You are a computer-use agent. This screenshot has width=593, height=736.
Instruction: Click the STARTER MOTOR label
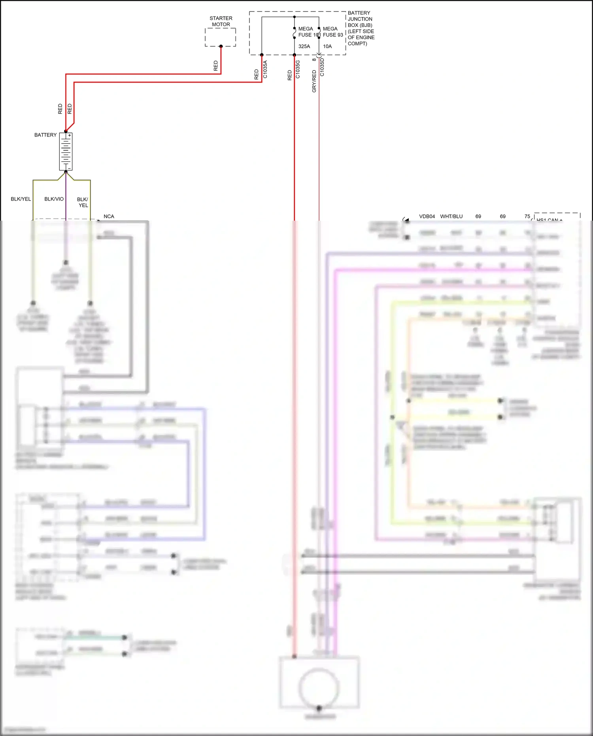coord(221,21)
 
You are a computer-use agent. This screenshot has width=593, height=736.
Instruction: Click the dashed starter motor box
coord(220,37)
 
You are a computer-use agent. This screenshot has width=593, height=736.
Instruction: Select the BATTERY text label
coord(45,135)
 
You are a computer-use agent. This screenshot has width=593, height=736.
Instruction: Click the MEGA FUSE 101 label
coord(308,32)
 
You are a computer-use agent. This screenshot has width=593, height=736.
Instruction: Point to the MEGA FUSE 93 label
coord(332,32)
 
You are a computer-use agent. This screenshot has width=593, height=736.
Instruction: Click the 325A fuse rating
coord(304,46)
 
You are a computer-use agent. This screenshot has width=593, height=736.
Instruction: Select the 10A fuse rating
coord(327,46)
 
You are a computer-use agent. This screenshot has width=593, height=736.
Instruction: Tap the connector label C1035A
coord(265,69)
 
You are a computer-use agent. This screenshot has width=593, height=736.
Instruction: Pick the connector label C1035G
coord(298,69)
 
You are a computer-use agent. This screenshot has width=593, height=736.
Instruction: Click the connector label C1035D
coord(322,67)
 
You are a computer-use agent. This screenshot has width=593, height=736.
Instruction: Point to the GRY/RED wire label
coord(314,81)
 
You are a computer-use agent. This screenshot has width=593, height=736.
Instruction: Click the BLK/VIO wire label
coord(54,199)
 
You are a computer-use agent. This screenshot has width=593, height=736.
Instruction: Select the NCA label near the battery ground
coord(109,216)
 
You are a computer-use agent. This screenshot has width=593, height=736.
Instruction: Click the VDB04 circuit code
coord(427,216)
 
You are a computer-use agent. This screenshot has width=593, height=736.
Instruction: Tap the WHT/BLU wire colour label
coord(451,216)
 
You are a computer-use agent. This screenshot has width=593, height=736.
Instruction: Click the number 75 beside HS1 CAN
coord(527,216)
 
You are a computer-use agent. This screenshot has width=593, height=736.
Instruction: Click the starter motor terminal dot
coord(221,46)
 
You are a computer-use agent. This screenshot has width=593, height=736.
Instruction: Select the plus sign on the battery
coord(70,135)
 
